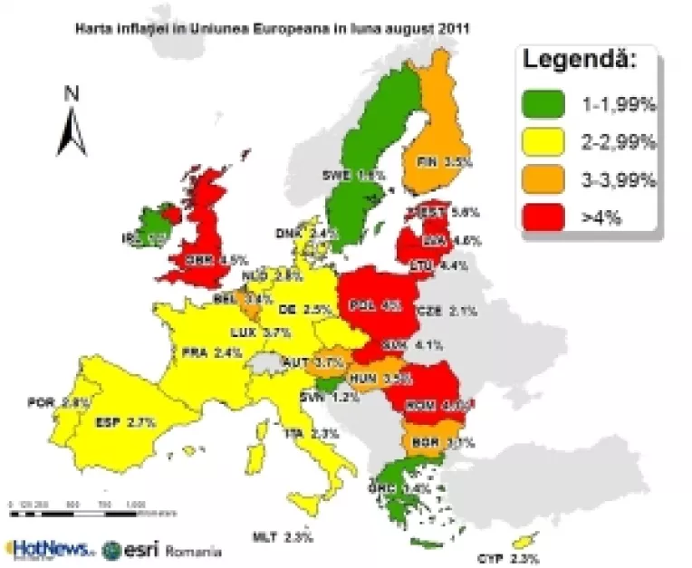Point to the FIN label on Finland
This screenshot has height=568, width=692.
pos(427,163)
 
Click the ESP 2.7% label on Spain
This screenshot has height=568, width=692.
pos(125,422)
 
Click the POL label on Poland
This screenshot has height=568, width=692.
pos(364,305)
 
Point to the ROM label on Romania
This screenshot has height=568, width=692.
pos(421,405)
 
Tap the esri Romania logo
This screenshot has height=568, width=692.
pos(162,550)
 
